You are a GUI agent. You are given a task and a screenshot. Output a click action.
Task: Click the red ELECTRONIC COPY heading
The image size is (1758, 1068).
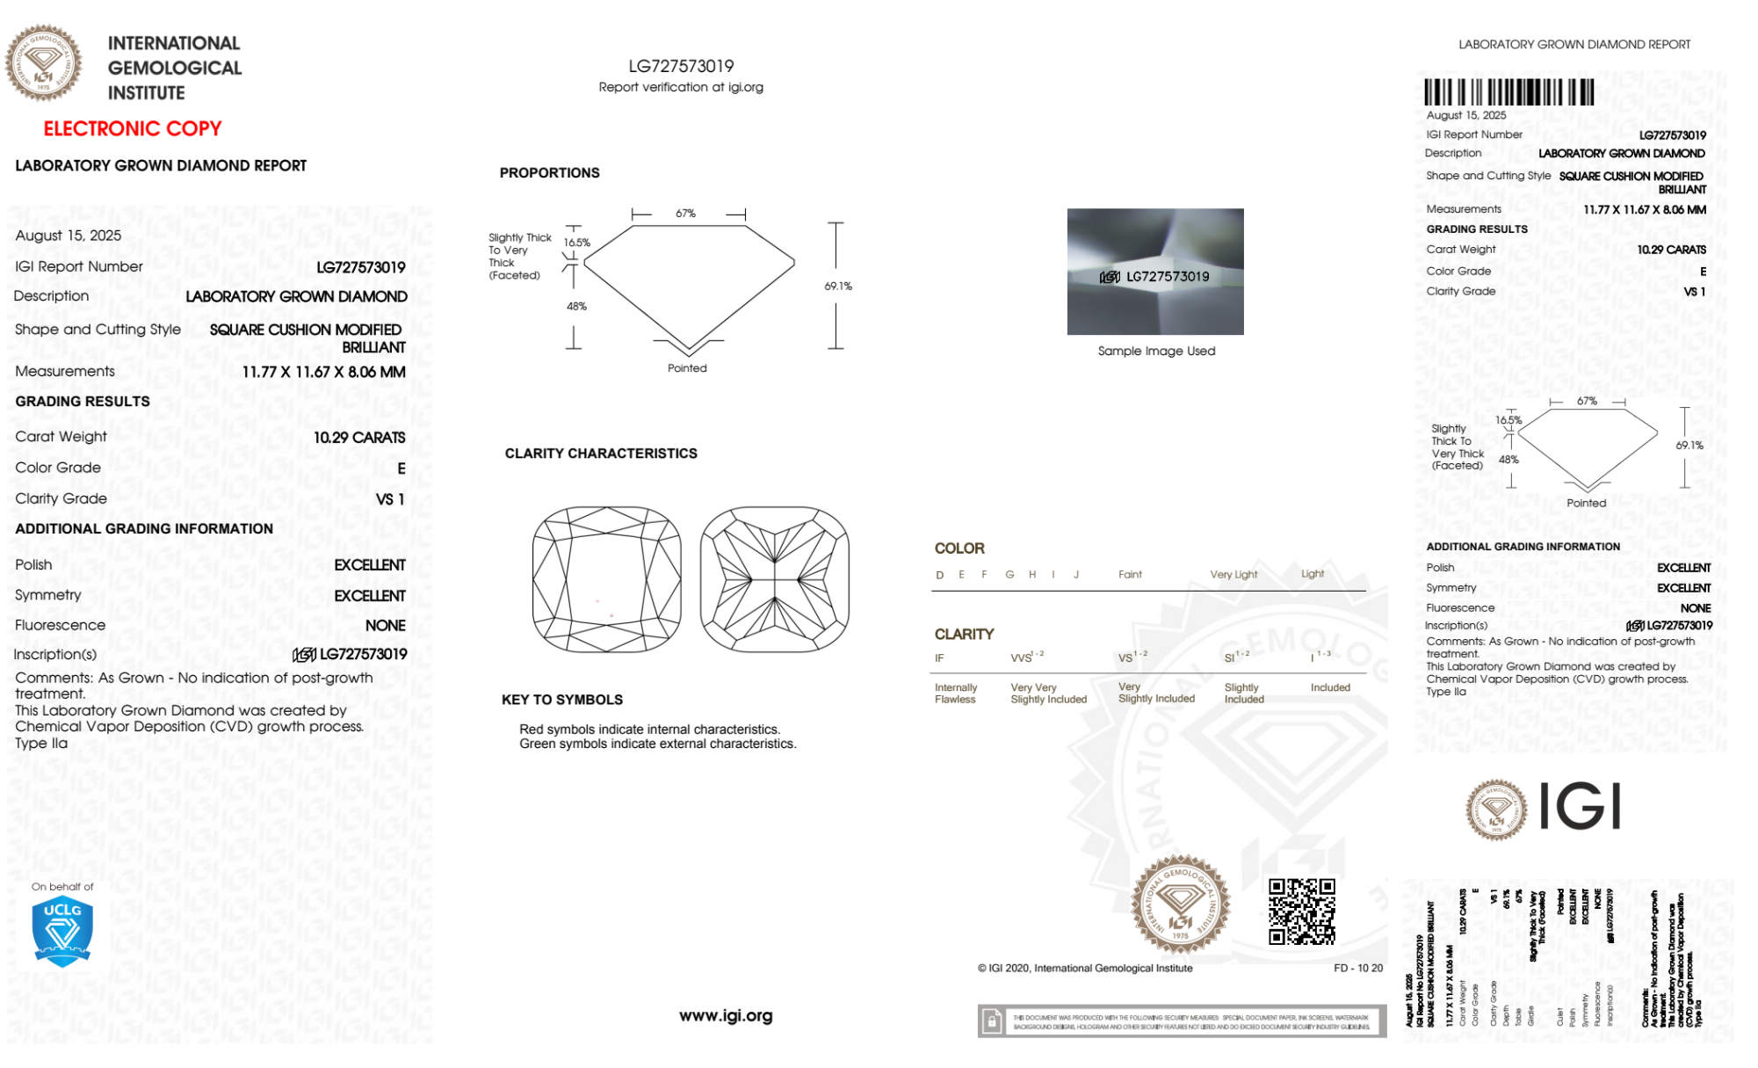(x=133, y=129)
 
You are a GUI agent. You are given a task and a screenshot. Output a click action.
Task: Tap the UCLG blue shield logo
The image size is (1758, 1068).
(x=62, y=933)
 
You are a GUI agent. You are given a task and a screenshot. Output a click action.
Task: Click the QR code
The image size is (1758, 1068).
(x=1301, y=912)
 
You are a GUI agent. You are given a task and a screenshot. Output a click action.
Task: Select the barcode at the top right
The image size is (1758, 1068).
(x=1508, y=92)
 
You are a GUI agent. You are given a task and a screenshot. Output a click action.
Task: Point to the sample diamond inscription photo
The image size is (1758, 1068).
(x=1154, y=272)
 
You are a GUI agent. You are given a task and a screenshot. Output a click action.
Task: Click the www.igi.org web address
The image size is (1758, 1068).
(x=726, y=1016)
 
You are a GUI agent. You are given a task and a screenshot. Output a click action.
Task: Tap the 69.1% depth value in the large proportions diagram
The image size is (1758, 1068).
(x=838, y=287)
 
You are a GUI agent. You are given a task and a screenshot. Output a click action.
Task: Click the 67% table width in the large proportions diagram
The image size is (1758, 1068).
(x=685, y=214)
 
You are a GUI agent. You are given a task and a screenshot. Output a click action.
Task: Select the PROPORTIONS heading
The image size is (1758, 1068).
(x=549, y=173)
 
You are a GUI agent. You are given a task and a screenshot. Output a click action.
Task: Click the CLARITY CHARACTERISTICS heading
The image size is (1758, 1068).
(x=601, y=454)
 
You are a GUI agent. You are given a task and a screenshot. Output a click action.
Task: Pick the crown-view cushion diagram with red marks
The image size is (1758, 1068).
(x=606, y=579)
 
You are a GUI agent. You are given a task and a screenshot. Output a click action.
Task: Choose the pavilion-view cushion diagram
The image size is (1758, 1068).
(x=774, y=579)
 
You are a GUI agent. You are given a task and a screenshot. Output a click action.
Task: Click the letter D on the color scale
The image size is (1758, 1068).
(x=940, y=575)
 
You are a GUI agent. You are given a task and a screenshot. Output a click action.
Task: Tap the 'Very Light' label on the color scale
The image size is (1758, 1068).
(x=1233, y=575)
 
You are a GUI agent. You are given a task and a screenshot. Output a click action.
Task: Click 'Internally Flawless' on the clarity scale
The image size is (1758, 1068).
(x=956, y=694)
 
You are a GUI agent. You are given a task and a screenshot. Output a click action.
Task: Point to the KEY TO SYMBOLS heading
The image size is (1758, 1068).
(x=562, y=700)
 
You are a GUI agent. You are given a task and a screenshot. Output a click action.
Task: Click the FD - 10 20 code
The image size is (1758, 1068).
(x=1357, y=969)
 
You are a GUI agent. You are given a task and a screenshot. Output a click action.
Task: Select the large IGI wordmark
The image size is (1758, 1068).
(x=1580, y=807)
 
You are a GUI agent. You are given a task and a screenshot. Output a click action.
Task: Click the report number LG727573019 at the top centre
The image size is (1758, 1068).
(x=681, y=66)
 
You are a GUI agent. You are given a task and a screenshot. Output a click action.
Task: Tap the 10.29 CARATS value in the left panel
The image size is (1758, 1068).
(x=359, y=438)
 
